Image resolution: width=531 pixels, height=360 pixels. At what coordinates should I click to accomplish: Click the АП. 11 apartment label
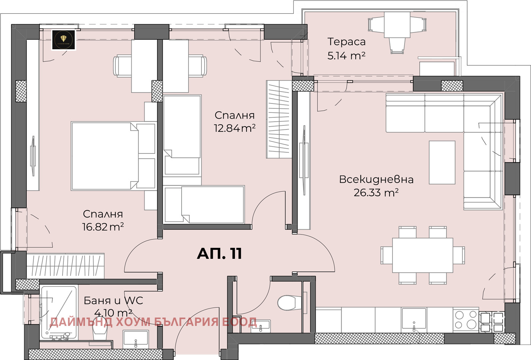(219, 254)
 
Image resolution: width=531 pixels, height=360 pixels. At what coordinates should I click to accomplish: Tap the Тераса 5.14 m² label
(346, 49)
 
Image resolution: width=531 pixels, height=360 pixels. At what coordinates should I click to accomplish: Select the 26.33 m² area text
(376, 193)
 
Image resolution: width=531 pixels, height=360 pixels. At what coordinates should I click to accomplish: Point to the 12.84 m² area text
(234, 128)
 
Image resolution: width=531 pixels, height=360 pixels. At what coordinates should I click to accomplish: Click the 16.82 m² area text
(103, 227)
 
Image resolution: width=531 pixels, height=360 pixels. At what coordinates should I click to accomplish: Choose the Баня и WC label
(113, 301)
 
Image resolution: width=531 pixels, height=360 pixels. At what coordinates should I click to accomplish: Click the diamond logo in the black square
(64, 40)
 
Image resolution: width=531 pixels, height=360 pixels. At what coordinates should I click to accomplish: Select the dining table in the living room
(423, 255)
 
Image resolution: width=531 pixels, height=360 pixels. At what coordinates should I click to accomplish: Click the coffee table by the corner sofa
(442, 162)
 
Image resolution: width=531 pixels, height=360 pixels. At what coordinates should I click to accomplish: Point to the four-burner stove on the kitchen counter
(466, 319)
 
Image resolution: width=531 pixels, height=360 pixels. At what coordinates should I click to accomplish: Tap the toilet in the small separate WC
(288, 303)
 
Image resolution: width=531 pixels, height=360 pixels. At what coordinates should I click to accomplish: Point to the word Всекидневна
(376, 179)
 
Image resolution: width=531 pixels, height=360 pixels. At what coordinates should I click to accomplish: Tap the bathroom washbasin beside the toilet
(135, 338)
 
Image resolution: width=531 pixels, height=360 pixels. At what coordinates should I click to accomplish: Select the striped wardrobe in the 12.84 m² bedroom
(278, 119)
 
